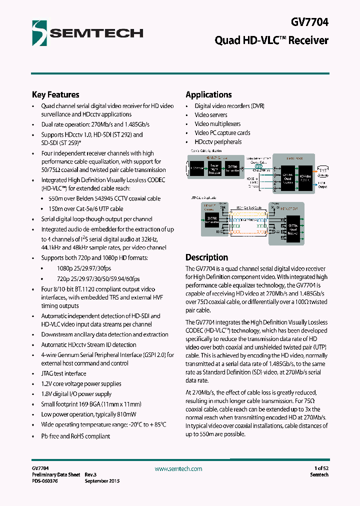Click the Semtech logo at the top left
pos(87,32)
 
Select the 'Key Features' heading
pos(55,94)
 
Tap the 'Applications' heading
pos(208,94)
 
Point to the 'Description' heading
pos(206,257)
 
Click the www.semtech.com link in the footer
pos(178,469)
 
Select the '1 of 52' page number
pos(318,468)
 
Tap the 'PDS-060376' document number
pos(44,481)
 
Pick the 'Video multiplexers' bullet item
pos(217,124)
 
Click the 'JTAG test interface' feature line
pos(63,373)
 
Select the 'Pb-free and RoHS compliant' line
pos(75,436)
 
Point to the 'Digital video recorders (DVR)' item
pos(229,106)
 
